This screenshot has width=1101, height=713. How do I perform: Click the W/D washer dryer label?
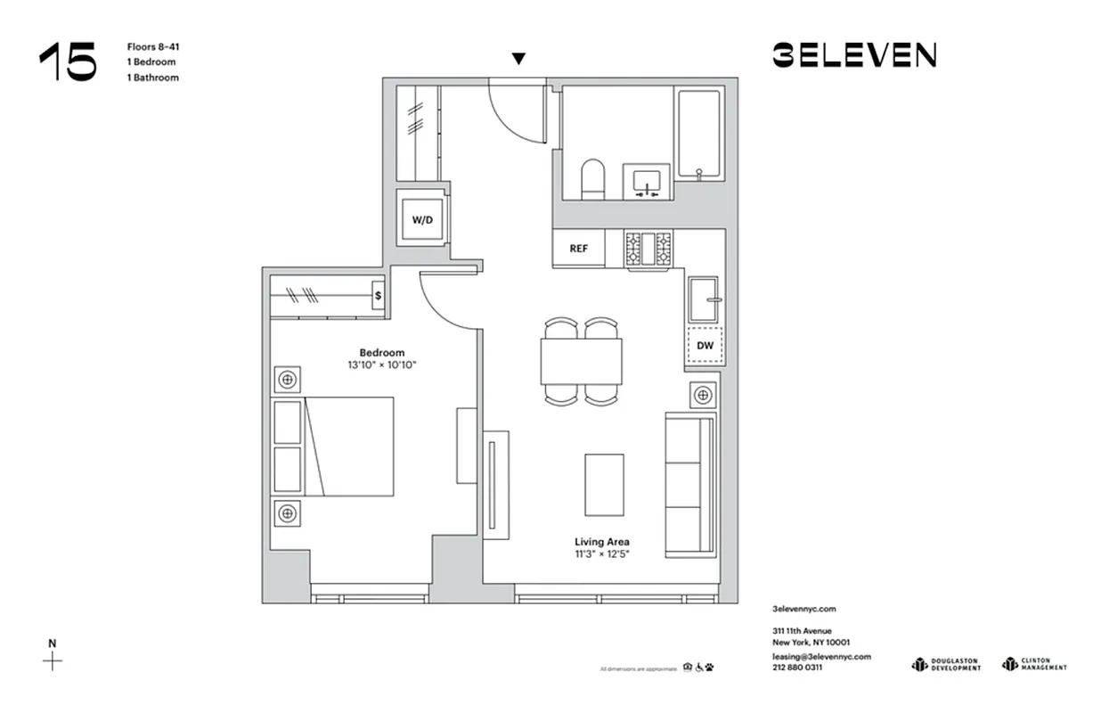point(421,220)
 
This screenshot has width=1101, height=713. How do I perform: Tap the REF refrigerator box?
point(578,249)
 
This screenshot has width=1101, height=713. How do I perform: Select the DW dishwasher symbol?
point(704,345)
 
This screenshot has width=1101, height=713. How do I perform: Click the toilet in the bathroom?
point(592,179)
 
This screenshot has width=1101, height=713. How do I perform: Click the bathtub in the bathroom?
point(701,134)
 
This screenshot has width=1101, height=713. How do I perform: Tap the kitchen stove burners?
point(648,249)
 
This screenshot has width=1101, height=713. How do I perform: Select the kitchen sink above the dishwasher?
point(705,299)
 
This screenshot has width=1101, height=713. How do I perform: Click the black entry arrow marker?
point(518,59)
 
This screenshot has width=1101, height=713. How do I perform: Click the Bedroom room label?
point(382,352)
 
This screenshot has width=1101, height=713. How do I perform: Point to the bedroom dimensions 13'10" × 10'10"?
point(382,365)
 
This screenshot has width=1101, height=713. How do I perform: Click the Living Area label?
point(602,542)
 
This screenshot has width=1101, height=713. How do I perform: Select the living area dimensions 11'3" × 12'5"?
point(602,554)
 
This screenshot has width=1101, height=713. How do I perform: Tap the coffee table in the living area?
point(604,484)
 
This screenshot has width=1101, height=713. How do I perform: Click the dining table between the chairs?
point(581,362)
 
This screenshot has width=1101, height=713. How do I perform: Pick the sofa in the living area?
point(691,486)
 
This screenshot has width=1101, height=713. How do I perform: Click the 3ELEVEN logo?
point(853,56)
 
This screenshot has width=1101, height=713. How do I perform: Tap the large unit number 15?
point(68,62)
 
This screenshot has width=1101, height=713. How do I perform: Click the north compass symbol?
point(53,660)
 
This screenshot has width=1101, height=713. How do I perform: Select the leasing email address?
point(821,656)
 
